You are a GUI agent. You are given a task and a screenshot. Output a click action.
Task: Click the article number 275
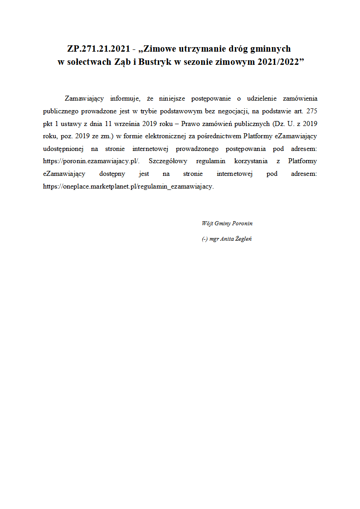[311, 111]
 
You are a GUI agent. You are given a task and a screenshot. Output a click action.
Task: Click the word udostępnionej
[63, 149]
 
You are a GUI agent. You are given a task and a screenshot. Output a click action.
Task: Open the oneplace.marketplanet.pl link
[128, 187]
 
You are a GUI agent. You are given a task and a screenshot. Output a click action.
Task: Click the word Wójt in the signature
[207, 223]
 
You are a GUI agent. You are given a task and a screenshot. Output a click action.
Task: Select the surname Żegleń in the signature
[243, 239]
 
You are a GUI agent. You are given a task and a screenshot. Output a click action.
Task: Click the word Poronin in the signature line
[242, 223]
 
